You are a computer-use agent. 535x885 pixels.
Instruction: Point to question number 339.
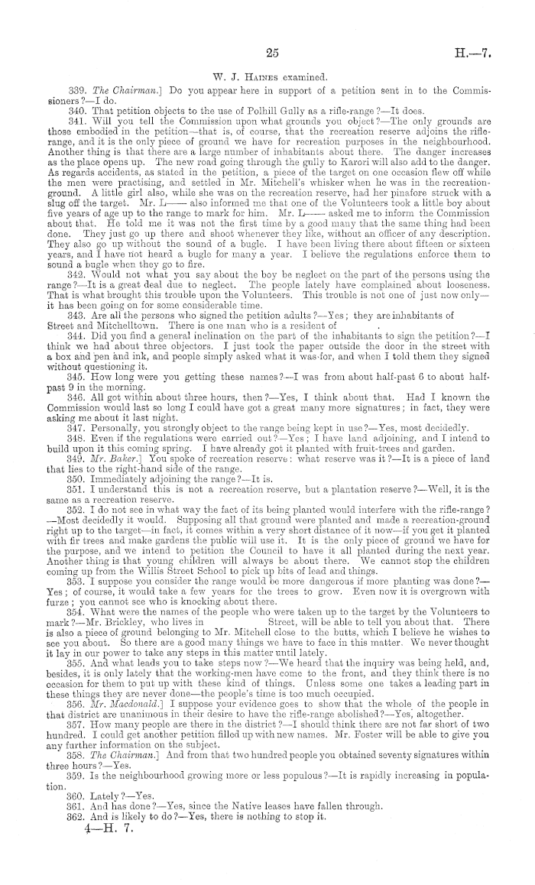pyautogui.click(x=77, y=91)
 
